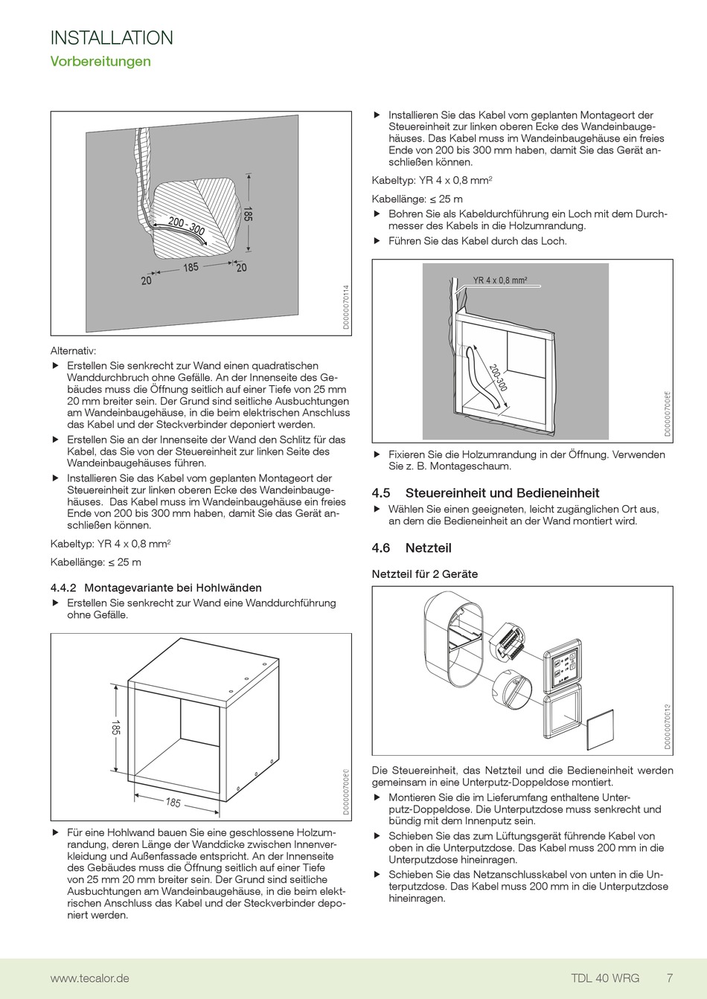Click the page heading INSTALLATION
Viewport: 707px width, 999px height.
112,38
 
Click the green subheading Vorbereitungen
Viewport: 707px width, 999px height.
100,62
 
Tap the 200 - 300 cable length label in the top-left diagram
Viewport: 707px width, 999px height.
186,226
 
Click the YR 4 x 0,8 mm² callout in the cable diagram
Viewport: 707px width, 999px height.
500,281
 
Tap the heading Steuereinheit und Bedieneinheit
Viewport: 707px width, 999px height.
502,493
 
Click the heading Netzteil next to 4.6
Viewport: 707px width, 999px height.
428,548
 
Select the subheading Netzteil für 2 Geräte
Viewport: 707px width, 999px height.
425,574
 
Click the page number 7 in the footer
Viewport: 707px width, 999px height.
670,978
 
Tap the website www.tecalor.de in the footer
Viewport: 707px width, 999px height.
89,978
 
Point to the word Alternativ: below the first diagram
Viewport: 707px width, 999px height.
74,351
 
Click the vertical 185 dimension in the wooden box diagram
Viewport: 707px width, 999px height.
116,727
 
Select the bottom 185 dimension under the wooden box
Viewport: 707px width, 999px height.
173,803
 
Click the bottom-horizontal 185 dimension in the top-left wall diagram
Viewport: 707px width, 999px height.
191,267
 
